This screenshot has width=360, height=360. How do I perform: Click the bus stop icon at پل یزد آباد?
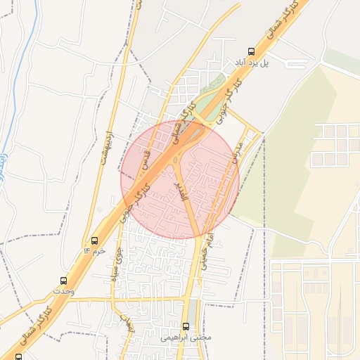(x=251, y=51)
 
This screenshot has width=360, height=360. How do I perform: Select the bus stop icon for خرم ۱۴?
(x=95, y=240)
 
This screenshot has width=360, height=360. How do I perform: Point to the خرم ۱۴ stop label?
(x=95, y=251)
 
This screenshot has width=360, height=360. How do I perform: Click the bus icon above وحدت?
(x=63, y=281)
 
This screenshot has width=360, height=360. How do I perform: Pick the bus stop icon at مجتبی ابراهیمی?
(x=186, y=326)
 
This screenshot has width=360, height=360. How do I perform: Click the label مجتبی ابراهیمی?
(x=186, y=337)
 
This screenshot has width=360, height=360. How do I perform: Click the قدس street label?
(x=146, y=160)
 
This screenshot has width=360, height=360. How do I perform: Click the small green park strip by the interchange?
(x=205, y=104)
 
